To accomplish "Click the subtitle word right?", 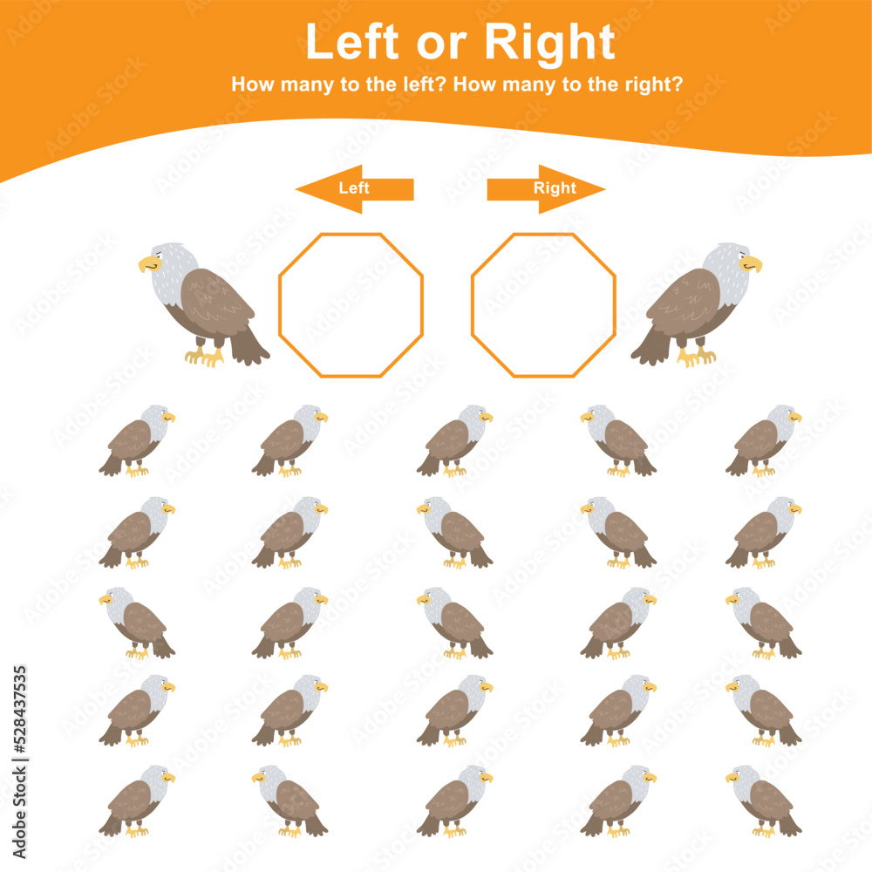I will pos(651,85).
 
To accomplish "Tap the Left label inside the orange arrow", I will pos(354,187).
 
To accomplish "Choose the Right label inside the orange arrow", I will pos(555,187).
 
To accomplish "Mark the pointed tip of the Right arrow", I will pos(603,188).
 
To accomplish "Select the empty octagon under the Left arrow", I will pos(351,305).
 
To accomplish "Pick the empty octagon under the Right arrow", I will pos(543,305).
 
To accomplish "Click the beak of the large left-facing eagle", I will pos(146,263).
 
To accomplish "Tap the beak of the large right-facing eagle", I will pos(753,263).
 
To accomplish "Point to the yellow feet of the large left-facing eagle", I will pos(204,356).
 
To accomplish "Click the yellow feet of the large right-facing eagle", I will pos(696,356).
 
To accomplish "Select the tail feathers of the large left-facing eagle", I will pos(249,349).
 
